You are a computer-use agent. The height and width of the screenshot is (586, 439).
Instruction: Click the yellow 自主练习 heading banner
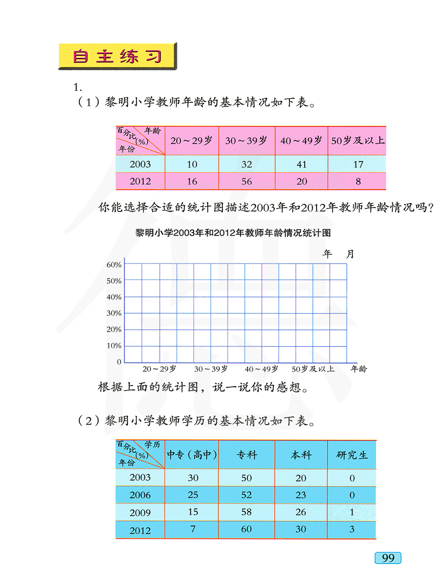tap(117, 57)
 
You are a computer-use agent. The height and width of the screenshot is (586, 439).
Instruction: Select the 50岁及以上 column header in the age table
tap(357, 141)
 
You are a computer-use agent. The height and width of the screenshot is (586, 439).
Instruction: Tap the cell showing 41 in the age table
tap(302, 164)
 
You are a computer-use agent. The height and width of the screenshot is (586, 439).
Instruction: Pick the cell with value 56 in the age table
tap(247, 182)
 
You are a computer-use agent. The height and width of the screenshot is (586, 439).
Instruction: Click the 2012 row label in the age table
tap(140, 182)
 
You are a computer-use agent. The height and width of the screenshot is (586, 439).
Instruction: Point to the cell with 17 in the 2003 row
tap(358, 164)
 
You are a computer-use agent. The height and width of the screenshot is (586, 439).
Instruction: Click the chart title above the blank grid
tap(233, 233)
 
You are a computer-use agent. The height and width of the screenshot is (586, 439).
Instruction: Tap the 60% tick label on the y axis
tap(114, 265)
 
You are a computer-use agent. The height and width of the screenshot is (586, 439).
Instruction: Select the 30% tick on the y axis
tap(114, 313)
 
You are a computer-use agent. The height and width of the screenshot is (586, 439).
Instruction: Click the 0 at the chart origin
tap(119, 362)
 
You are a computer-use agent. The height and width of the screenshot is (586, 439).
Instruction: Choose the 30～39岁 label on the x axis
tap(211, 369)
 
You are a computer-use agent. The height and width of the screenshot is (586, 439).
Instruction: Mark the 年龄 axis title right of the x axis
tap(359, 369)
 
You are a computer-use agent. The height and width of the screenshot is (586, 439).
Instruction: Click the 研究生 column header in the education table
tap(352, 455)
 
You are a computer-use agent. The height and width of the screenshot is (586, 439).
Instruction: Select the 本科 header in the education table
tap(301, 455)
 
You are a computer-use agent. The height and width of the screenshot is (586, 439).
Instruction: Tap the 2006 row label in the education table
tap(140, 495)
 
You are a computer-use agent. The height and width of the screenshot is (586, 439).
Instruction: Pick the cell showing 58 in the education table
tap(246, 512)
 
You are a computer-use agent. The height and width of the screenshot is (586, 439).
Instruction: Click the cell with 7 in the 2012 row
tap(193, 529)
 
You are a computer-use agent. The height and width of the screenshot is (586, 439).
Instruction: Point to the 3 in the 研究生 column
tap(352, 529)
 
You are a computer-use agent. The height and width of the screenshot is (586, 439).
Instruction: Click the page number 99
tap(388, 558)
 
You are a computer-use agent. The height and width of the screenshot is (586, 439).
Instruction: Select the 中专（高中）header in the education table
tap(192, 455)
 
